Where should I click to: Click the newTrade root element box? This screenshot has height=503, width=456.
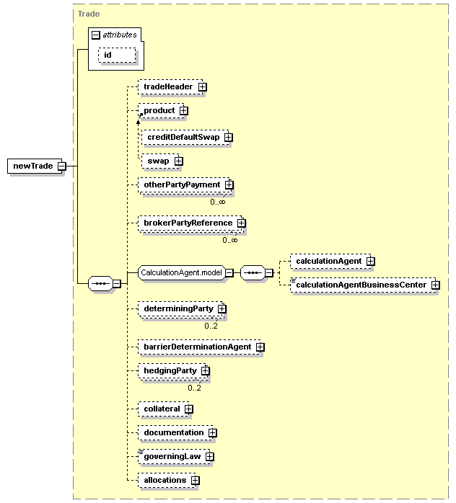(35, 166)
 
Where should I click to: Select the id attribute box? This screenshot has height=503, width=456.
(117, 55)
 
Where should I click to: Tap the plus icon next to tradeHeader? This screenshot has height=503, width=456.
(202, 87)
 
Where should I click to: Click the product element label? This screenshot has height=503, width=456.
(159, 111)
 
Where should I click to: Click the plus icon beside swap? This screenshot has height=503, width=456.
(178, 161)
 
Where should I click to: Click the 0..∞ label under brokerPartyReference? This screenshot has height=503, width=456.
(230, 240)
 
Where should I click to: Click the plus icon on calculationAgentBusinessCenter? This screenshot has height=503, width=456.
(436, 285)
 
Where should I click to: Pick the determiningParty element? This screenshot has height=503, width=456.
(181, 309)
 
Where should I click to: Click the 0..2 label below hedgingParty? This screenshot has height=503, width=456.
(194, 388)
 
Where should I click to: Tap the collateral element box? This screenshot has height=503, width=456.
(164, 409)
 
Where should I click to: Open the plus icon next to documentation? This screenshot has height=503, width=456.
(212, 433)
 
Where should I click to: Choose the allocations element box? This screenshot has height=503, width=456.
(167, 480)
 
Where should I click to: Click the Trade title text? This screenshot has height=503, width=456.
(89, 14)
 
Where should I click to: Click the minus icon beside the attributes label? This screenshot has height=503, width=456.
(96, 35)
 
